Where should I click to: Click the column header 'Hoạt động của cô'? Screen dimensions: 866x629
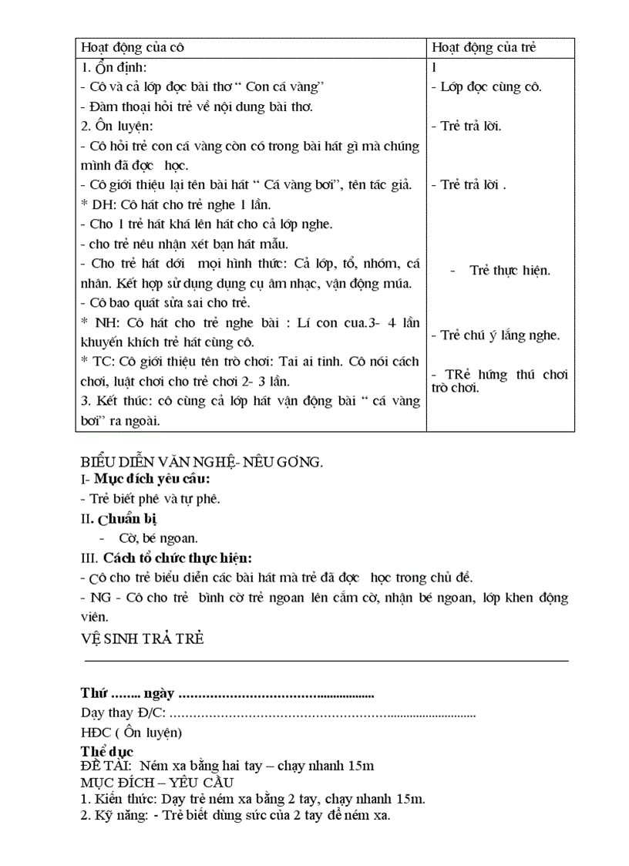pyautogui.click(x=133, y=48)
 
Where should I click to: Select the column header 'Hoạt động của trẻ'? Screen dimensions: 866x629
pyautogui.click(x=484, y=48)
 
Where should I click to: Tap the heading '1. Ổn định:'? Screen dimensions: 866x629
pyautogui.click(x=119, y=67)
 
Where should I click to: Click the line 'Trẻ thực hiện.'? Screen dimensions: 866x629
pyautogui.click(x=510, y=271)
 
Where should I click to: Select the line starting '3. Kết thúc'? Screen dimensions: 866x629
pyautogui.click(x=251, y=401)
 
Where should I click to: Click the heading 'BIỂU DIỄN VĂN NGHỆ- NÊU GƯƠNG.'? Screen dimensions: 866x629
pyautogui.click(x=201, y=462)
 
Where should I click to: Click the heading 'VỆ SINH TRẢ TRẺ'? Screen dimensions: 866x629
pyautogui.click(x=142, y=639)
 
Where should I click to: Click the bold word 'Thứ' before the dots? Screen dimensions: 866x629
pyautogui.click(x=94, y=692)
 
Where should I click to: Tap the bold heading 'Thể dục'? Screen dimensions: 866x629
pyautogui.click(x=107, y=751)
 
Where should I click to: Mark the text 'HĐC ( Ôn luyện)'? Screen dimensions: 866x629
pyautogui.click(x=131, y=732)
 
